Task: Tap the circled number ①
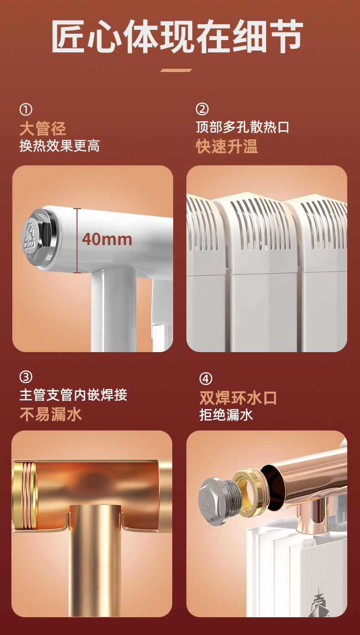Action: [26, 109]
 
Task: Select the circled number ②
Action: [202, 109]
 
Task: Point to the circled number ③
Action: [26, 377]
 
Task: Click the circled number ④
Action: [206, 379]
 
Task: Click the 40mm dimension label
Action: [107, 239]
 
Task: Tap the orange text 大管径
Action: [43, 128]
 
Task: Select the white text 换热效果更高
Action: [59, 146]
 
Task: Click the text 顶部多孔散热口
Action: [242, 127]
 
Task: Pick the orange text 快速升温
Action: [227, 146]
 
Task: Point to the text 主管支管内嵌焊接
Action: [73, 395]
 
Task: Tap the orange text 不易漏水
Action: [51, 415]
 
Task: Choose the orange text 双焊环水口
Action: [238, 398]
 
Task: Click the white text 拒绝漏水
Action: [226, 415]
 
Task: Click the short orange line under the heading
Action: [176, 70]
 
